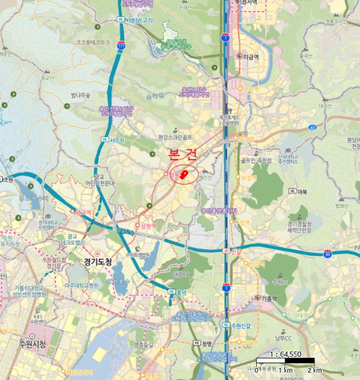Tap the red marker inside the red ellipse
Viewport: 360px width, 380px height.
tap(184, 174)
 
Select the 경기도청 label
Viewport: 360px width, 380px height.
tap(98, 262)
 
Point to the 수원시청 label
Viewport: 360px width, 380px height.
tap(32, 344)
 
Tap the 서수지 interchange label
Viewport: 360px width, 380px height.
tap(116, 140)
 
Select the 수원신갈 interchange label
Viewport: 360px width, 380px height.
tap(244, 325)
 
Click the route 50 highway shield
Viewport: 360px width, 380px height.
tap(327, 254)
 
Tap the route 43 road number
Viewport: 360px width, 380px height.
tap(312, 128)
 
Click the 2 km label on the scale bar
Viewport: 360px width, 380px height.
tap(314, 370)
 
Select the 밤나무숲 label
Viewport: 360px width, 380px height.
tap(80, 96)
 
